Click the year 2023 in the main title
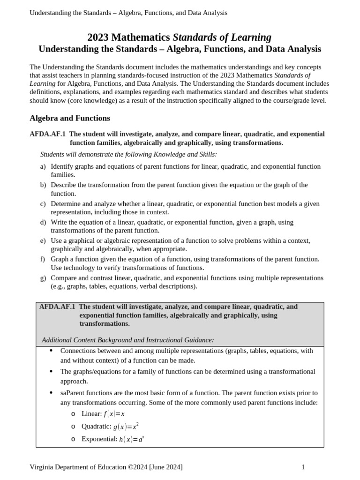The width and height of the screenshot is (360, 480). (98, 37)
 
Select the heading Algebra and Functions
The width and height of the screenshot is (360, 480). (70, 118)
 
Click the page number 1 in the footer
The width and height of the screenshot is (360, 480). (303, 467)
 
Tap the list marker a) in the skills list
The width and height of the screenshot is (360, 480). (43, 166)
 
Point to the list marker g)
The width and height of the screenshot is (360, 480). (43, 278)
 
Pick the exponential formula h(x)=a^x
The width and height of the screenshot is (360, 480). (132, 439)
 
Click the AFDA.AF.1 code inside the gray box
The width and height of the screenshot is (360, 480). (57, 307)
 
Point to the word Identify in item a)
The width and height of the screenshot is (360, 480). (62, 166)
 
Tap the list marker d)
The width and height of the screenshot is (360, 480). (43, 222)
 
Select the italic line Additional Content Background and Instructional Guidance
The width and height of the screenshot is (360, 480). (127, 340)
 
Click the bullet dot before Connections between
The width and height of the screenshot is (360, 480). (51, 351)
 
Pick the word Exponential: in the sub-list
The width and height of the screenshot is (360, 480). (99, 439)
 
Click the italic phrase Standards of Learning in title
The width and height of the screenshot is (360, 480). (222, 37)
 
